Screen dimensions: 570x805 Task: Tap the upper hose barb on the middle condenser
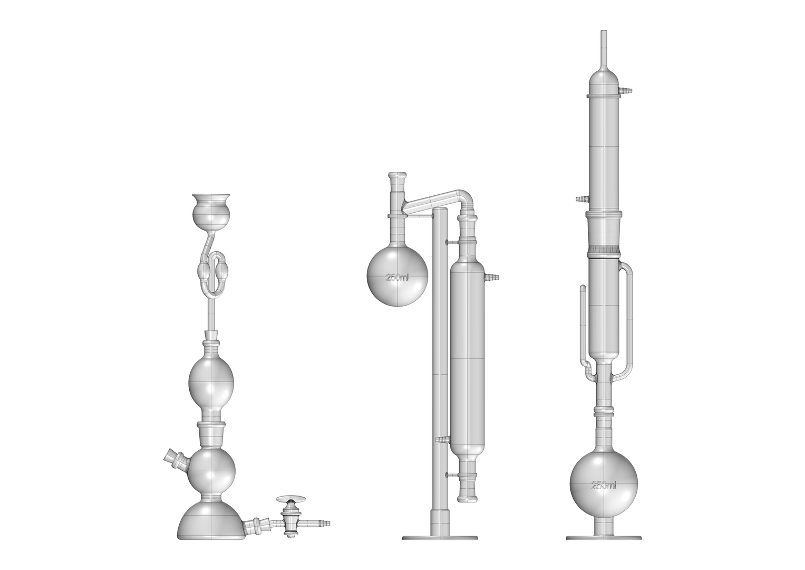pos(492,275)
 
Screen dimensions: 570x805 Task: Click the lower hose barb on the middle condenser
pos(441,439)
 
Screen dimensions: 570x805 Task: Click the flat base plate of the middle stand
pos(440,538)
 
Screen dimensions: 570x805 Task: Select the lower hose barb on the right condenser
pos(581,199)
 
